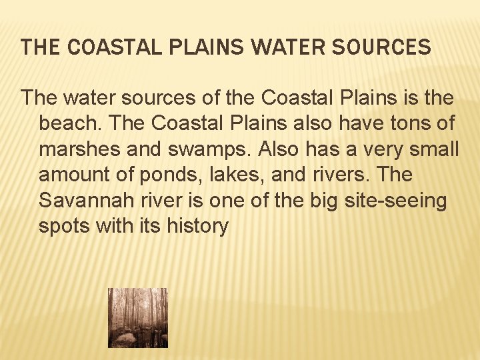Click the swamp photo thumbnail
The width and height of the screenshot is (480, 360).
pyautogui.click(x=138, y=318)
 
